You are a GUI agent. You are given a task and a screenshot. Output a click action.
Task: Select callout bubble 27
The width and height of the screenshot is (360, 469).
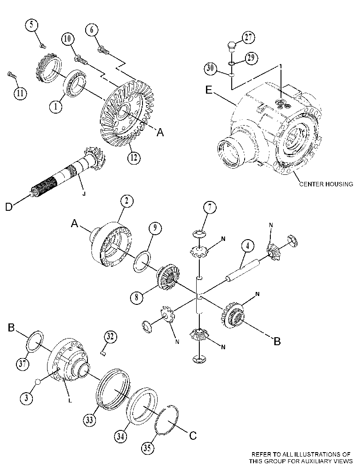click(x=249, y=37)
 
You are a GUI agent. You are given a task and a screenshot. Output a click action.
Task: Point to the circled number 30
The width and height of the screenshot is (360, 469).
click(x=210, y=68)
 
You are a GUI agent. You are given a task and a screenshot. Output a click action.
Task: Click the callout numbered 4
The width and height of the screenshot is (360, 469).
click(x=248, y=246)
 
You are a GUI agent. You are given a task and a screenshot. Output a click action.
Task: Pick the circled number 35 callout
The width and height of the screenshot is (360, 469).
click(x=147, y=448)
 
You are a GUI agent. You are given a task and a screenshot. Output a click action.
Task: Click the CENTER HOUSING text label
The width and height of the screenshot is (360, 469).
click(x=326, y=184)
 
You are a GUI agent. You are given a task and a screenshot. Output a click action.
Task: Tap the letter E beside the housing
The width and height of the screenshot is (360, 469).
click(x=209, y=90)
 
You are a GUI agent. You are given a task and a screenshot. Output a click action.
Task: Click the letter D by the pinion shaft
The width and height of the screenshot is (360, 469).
click(x=9, y=207)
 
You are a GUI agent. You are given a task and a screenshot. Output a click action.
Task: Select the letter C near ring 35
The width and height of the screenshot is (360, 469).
click(x=193, y=436)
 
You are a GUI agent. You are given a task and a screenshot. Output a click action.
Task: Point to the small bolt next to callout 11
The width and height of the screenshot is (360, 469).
click(x=11, y=75)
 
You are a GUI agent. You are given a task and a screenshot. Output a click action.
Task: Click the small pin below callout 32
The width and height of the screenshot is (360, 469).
click(x=103, y=353)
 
